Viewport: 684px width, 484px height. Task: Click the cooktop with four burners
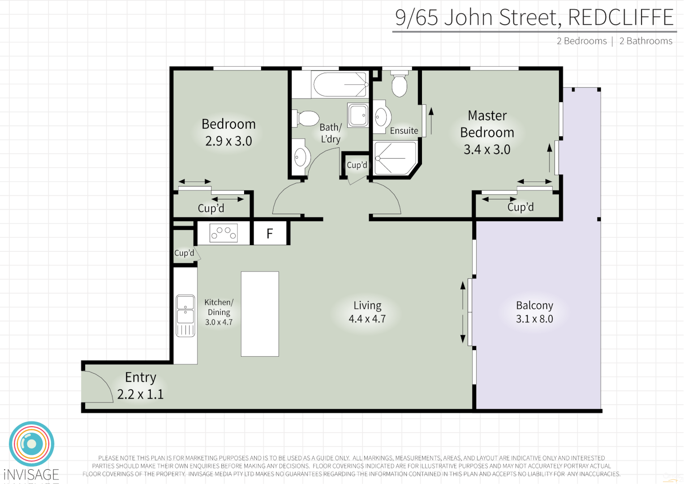224,233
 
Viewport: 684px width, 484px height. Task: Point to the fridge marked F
270,233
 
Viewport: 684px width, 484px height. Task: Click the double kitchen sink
185,309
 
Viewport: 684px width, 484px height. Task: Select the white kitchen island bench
260,314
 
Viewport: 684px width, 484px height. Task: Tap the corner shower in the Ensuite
395,158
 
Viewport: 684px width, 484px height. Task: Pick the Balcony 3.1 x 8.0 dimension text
534,319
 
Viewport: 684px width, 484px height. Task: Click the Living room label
367,306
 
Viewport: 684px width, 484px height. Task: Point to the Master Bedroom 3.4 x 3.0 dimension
487,150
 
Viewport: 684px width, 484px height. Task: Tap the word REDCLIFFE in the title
620,17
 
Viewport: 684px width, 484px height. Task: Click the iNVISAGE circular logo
31,444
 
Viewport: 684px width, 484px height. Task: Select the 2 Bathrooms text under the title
645,41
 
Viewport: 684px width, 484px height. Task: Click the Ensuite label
404,131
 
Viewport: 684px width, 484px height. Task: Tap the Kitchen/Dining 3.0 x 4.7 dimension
219,322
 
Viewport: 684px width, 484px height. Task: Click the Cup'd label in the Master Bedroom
521,207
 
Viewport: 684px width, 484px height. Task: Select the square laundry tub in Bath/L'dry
358,115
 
